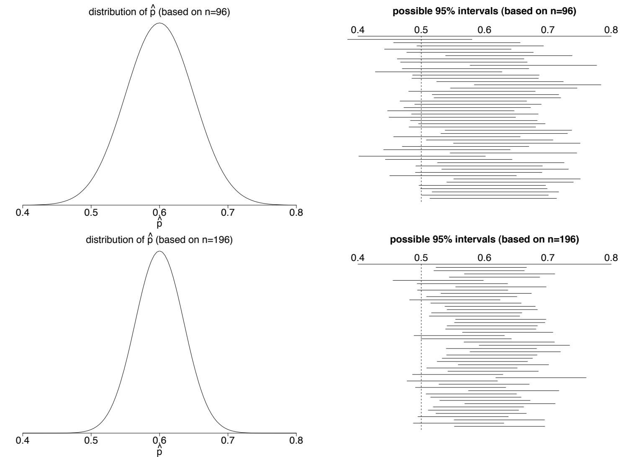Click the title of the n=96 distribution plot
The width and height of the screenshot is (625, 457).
click(159, 12)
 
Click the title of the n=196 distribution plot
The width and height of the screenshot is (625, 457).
click(159, 240)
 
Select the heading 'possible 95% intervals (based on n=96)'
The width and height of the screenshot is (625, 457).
click(484, 12)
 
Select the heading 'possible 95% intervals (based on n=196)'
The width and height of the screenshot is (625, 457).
click(484, 240)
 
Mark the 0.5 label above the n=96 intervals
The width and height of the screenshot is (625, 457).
click(421, 30)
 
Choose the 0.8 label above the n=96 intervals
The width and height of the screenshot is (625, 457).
click(611, 30)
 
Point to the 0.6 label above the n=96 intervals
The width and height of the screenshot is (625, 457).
click(484, 30)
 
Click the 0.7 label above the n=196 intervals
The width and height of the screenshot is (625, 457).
click(548, 258)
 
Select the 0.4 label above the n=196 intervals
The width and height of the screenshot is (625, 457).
click(358, 258)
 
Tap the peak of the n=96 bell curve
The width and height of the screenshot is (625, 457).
click(159, 23)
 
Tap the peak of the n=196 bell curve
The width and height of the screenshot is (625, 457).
click(159, 251)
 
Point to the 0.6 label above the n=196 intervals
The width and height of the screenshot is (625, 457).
click(484, 258)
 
